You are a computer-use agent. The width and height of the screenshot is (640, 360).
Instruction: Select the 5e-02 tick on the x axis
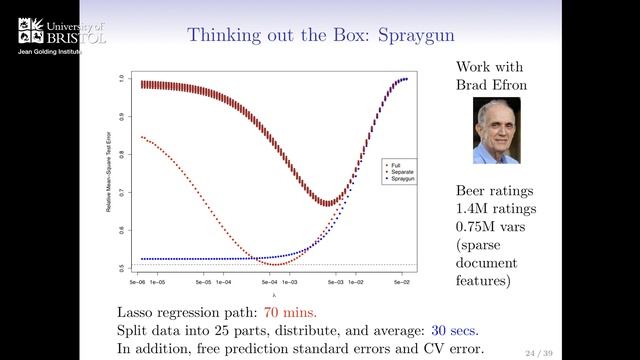(x=403, y=282)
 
